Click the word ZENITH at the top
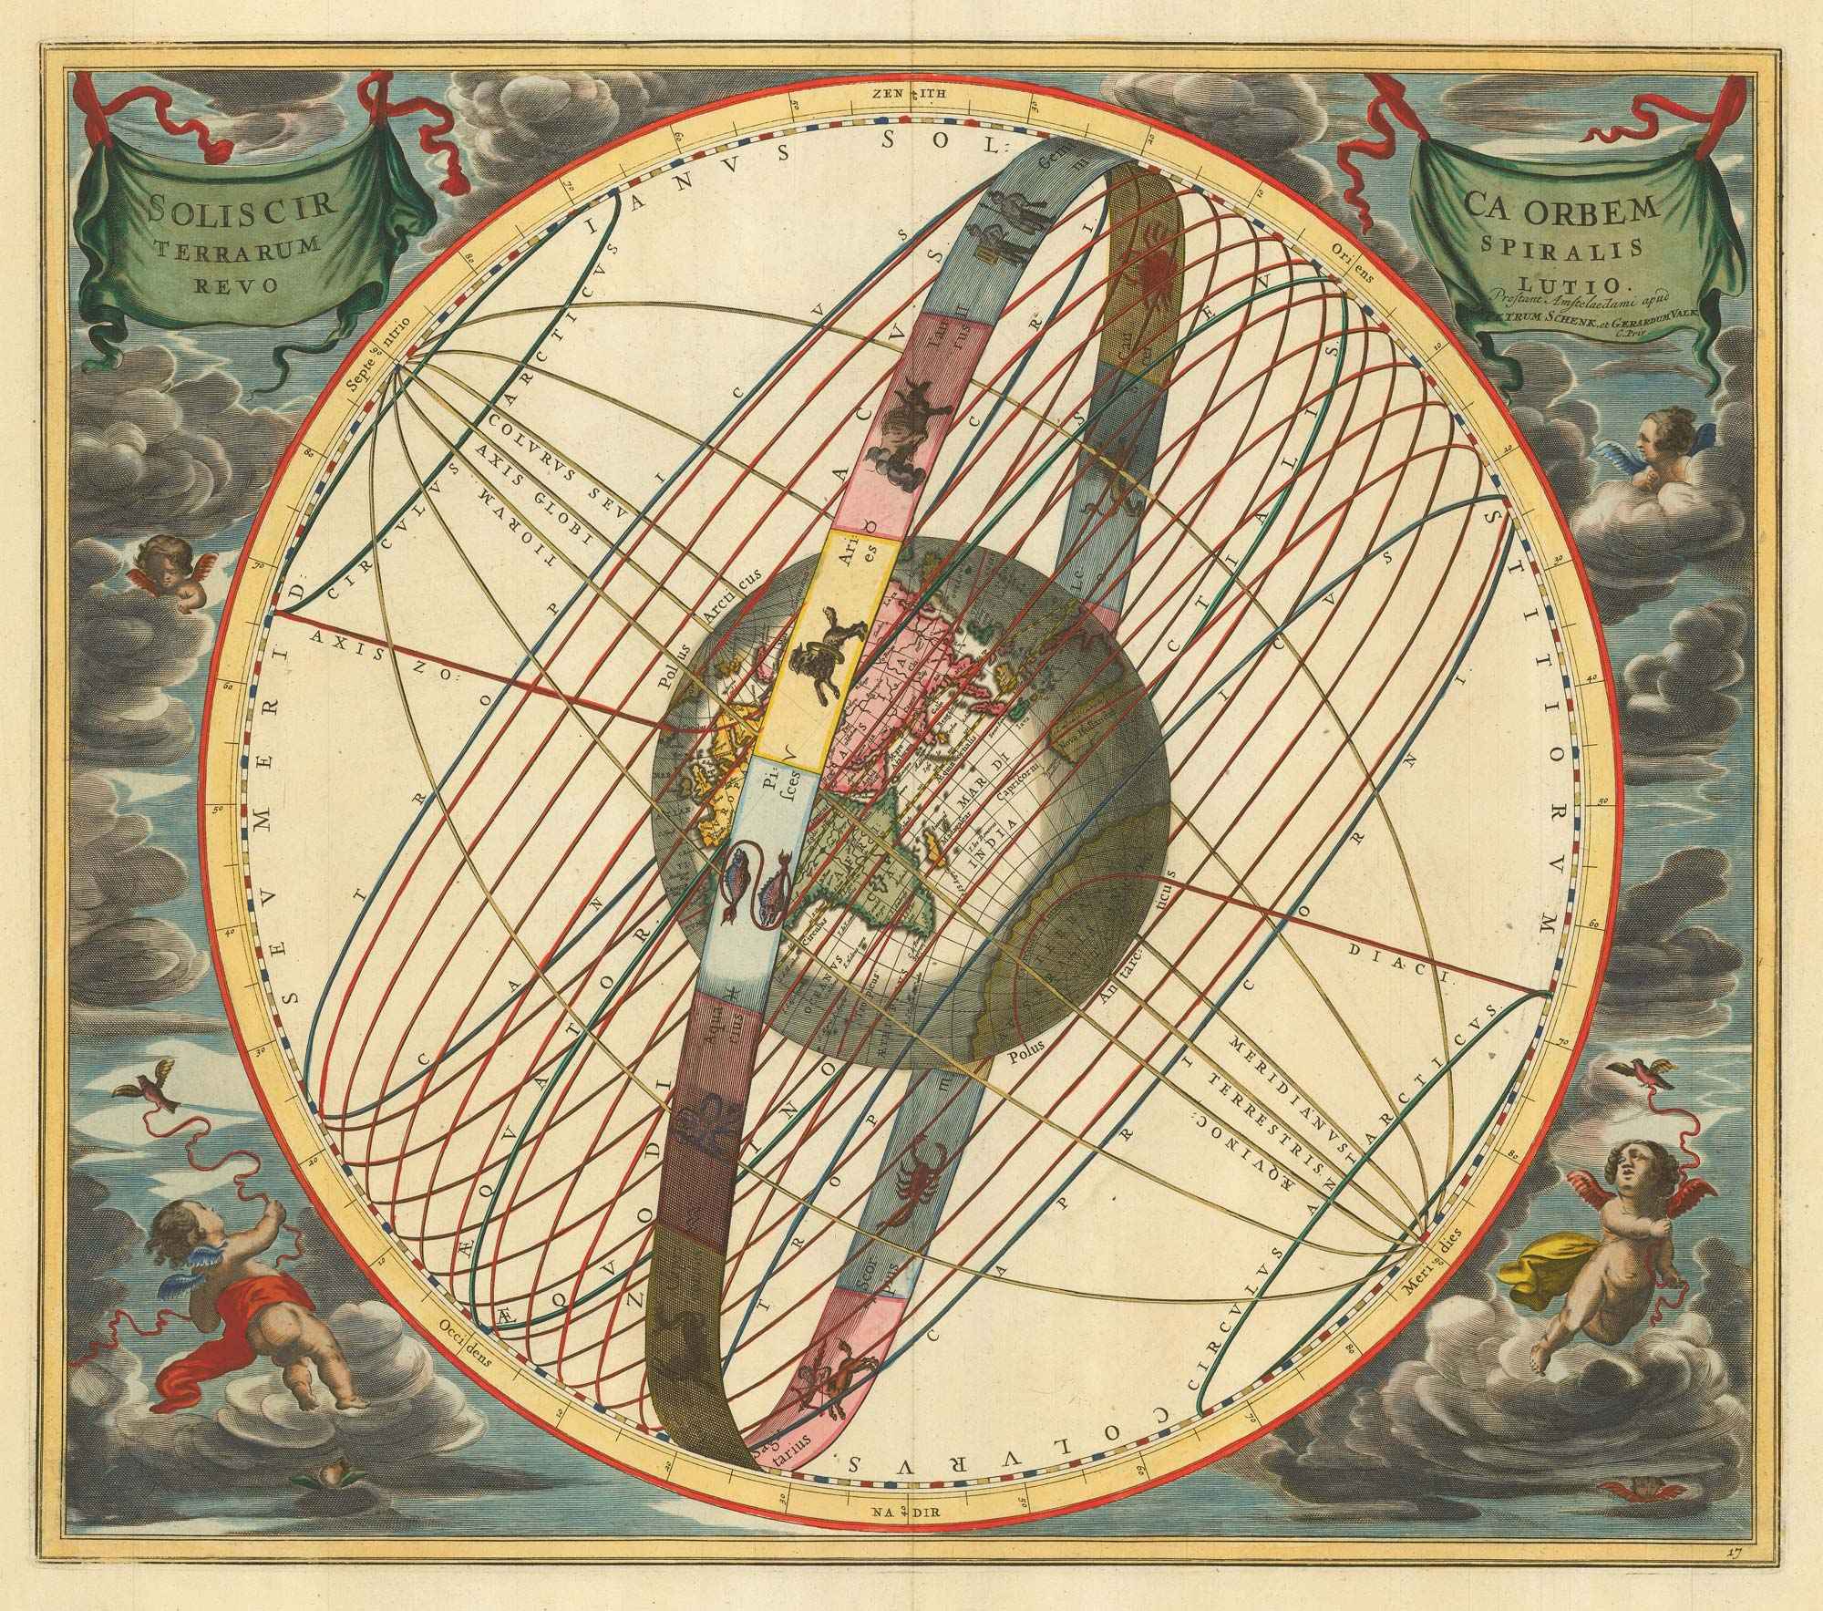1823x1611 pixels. (x=911, y=92)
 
